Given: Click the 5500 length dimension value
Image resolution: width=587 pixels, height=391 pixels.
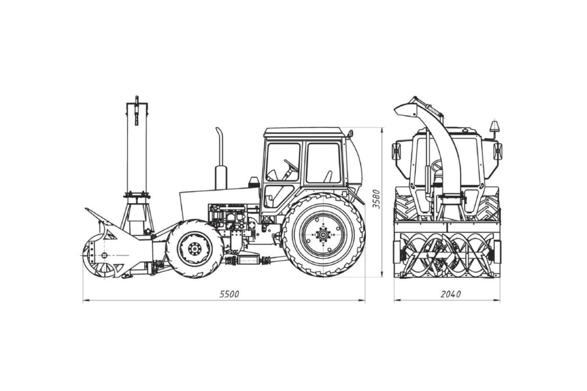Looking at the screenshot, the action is point(229,294).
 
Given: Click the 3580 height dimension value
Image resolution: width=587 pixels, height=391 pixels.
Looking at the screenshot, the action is point(376,199).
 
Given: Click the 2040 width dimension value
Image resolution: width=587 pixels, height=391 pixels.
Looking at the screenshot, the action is point(451,294).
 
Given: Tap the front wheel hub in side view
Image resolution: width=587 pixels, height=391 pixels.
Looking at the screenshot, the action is point(195,249).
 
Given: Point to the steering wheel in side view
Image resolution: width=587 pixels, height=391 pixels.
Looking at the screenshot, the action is point(291,166).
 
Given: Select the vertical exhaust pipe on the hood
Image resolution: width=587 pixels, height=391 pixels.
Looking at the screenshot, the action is point(221,158).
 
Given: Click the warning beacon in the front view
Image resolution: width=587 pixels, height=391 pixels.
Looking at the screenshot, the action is point(495,126).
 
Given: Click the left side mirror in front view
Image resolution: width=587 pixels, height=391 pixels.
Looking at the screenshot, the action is point(396,151).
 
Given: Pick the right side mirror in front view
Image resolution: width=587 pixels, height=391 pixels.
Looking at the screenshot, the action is point(497,151).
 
